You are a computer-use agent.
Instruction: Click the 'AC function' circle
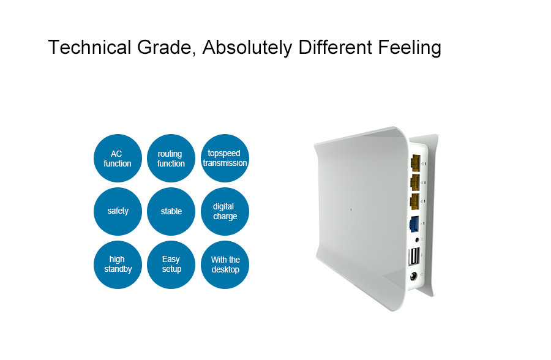[x=118, y=158]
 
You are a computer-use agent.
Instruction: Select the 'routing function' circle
[x=171, y=158]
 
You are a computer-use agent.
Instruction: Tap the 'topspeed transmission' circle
[x=225, y=158]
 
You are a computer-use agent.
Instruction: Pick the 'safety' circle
[x=118, y=212]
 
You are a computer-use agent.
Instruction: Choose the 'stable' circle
[x=171, y=212]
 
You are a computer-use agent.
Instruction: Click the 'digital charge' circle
[x=225, y=212]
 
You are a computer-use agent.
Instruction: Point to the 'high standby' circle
[x=118, y=264]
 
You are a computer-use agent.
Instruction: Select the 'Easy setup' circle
[x=171, y=264]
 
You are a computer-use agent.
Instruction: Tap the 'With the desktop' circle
[x=225, y=264]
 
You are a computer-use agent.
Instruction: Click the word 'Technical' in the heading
[x=89, y=47]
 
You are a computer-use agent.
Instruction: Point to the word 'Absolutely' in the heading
[x=247, y=48]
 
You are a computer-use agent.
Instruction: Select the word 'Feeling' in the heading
[x=410, y=48]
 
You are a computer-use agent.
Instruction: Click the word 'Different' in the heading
[x=335, y=47]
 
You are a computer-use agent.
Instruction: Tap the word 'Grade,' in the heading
[x=167, y=48]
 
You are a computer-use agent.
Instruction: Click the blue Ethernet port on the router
[x=414, y=224]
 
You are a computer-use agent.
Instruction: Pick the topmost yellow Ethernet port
[x=415, y=163]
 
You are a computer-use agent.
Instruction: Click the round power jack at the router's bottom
[x=413, y=276]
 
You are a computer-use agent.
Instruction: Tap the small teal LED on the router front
[x=351, y=209]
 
